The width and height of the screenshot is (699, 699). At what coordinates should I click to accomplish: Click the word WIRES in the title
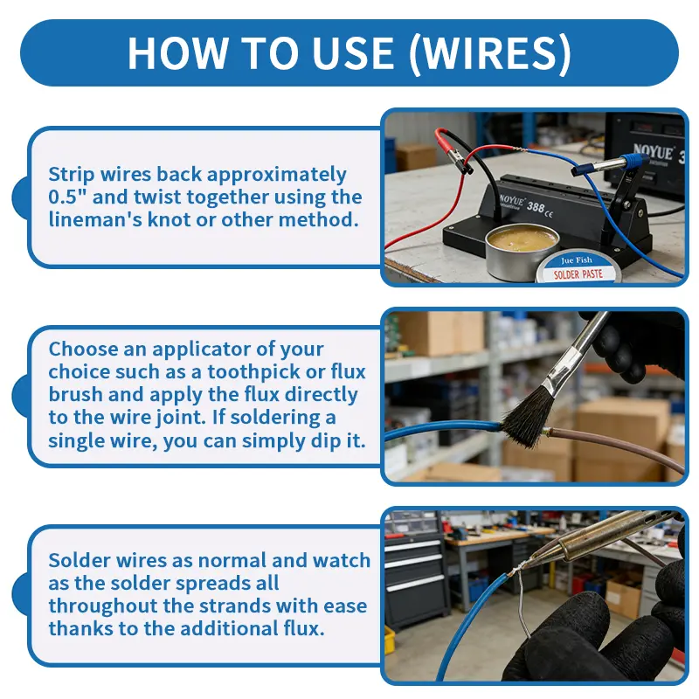point(490,52)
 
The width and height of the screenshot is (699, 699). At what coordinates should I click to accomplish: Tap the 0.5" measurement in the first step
point(67,197)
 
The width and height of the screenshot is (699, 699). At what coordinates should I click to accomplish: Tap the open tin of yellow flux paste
point(522,252)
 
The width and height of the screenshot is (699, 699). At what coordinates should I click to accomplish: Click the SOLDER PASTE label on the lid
point(578,274)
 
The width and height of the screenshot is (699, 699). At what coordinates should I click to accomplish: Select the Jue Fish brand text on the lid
point(577,260)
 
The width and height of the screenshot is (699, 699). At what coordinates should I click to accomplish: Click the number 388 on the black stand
point(536,207)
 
